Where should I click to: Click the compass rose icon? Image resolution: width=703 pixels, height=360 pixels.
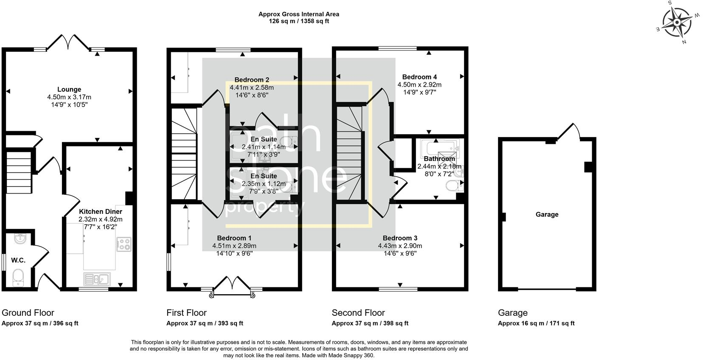point(678,22)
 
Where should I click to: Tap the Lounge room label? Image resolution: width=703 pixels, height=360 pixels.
point(69,90)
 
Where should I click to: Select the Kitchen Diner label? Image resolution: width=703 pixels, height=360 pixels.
point(101,211)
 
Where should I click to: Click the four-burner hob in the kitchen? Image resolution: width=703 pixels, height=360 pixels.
point(124,244)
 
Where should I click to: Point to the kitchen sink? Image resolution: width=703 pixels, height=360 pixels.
point(97,279)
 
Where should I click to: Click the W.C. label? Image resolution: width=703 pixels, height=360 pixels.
point(18,260)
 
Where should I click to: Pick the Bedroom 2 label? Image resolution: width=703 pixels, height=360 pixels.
point(252,80)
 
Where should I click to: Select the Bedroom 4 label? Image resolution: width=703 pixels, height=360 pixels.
point(419,77)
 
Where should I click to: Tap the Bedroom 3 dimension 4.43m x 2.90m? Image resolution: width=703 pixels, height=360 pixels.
point(400,246)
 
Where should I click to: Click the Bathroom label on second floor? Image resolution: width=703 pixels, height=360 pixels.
point(439,159)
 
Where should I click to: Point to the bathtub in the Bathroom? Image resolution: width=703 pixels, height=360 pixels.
point(440,148)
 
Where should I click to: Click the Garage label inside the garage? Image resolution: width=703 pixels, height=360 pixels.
point(547,214)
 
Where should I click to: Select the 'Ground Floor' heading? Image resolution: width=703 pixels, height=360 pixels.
point(28,313)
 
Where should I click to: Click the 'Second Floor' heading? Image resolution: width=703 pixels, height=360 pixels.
point(358,313)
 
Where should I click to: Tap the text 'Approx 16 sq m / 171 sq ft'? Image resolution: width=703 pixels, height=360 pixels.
point(536,323)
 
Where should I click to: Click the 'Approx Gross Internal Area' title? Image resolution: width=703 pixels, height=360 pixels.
point(299,14)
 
